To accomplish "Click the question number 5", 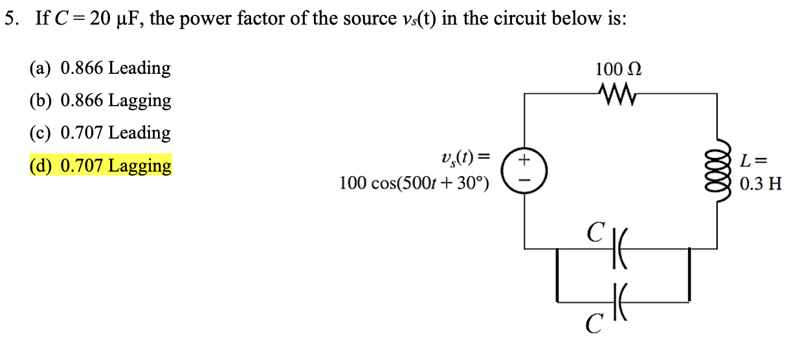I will (x=10, y=18).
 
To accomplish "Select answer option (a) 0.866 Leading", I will (x=100, y=68).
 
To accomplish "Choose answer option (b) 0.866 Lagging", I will (x=100, y=100).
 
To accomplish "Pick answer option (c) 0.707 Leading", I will (x=100, y=133).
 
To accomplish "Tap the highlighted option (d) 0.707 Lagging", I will (x=100, y=166).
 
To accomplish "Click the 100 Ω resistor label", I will (x=620, y=69).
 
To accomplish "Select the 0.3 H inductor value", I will (x=761, y=184).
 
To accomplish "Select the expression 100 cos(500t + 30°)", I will (x=414, y=184).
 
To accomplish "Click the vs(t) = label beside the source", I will (x=463, y=157).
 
